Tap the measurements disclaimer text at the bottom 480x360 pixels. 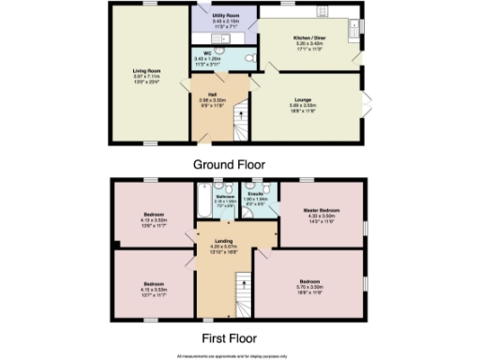[238, 355]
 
